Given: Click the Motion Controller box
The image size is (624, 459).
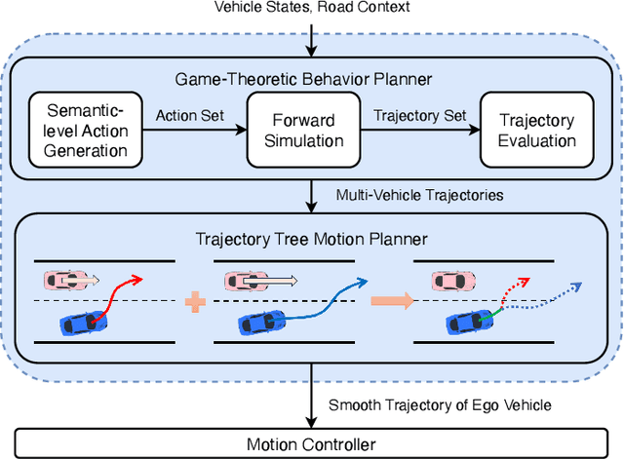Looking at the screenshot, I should (x=310, y=444).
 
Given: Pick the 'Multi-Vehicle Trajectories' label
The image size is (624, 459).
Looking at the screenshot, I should (x=419, y=195).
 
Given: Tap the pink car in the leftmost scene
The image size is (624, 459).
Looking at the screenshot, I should (x=64, y=281).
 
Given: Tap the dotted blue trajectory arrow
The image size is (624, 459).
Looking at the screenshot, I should (x=546, y=294).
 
